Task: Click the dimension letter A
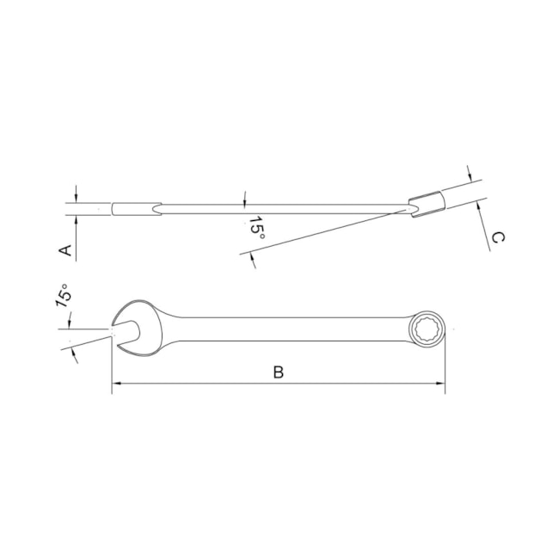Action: click(64, 249)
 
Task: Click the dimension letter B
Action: click(278, 372)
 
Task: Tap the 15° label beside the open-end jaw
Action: click(63, 297)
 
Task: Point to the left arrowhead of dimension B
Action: click(116, 384)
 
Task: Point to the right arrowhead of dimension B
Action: click(441, 384)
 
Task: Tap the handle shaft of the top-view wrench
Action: click(284, 327)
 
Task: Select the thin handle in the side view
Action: click(284, 206)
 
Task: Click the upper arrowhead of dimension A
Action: click(76, 198)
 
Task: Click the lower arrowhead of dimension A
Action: click(76, 218)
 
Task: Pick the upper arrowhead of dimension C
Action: click(470, 175)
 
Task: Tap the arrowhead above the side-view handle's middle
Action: click(244, 200)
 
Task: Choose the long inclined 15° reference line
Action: click(327, 230)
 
